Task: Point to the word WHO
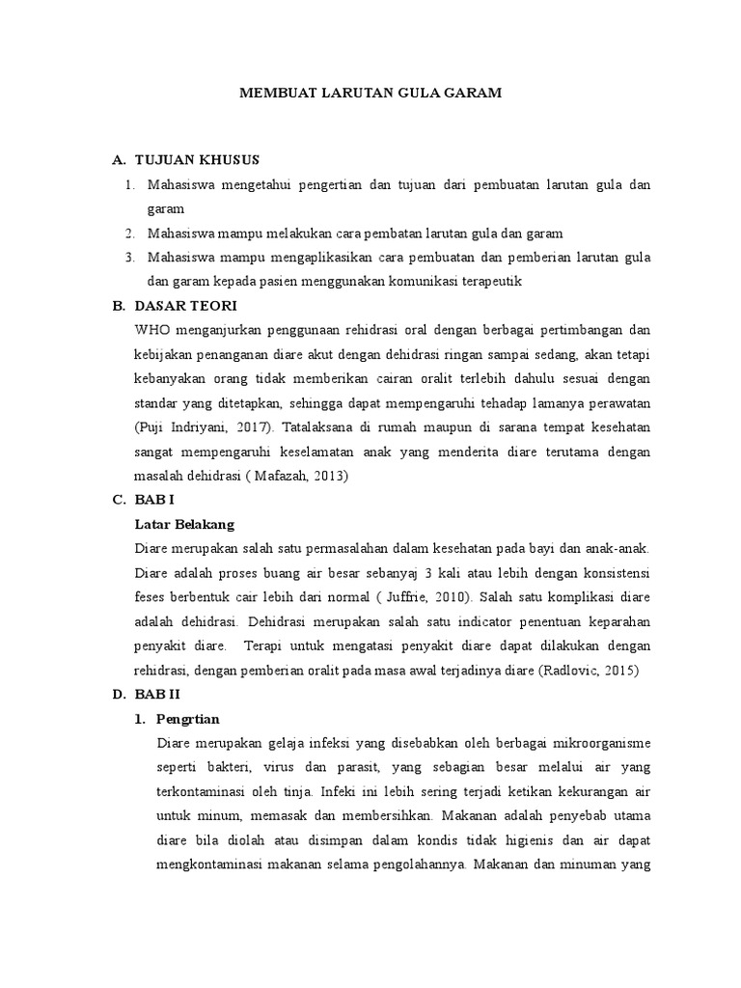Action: coord(154,329)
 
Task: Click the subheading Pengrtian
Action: coord(189,719)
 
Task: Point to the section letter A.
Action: coord(118,159)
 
